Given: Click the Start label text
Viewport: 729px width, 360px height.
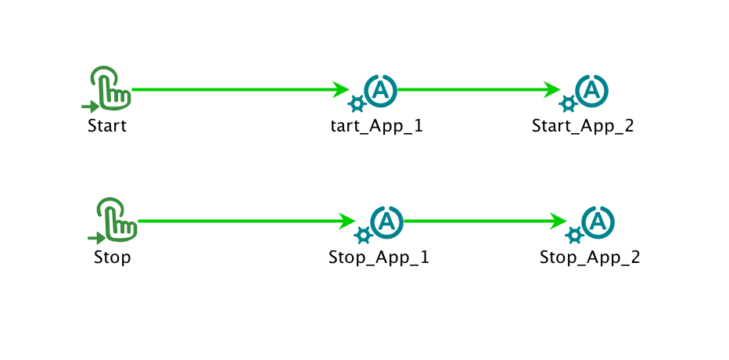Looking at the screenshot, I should point(107,126).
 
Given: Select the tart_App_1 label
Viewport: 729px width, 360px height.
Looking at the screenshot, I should point(378,126).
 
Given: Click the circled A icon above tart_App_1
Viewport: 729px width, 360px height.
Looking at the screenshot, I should point(381,90).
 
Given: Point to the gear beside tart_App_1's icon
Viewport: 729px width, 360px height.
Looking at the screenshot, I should point(357,103).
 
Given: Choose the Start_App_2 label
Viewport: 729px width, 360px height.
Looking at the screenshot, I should point(583,126).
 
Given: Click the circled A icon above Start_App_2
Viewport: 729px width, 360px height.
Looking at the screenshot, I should point(592,90).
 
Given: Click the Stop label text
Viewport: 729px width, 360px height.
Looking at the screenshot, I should point(112,257).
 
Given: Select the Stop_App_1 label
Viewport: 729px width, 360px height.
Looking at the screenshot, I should point(379,257).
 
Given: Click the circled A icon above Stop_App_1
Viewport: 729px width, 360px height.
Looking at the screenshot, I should point(386,221).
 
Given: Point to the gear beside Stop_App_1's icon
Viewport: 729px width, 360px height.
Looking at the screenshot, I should point(363,235).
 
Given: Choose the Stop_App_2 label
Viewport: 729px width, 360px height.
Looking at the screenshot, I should point(590,257).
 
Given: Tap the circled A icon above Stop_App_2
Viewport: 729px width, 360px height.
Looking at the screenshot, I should point(598,221).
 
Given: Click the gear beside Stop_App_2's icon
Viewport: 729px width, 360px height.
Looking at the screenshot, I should point(574,235).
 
